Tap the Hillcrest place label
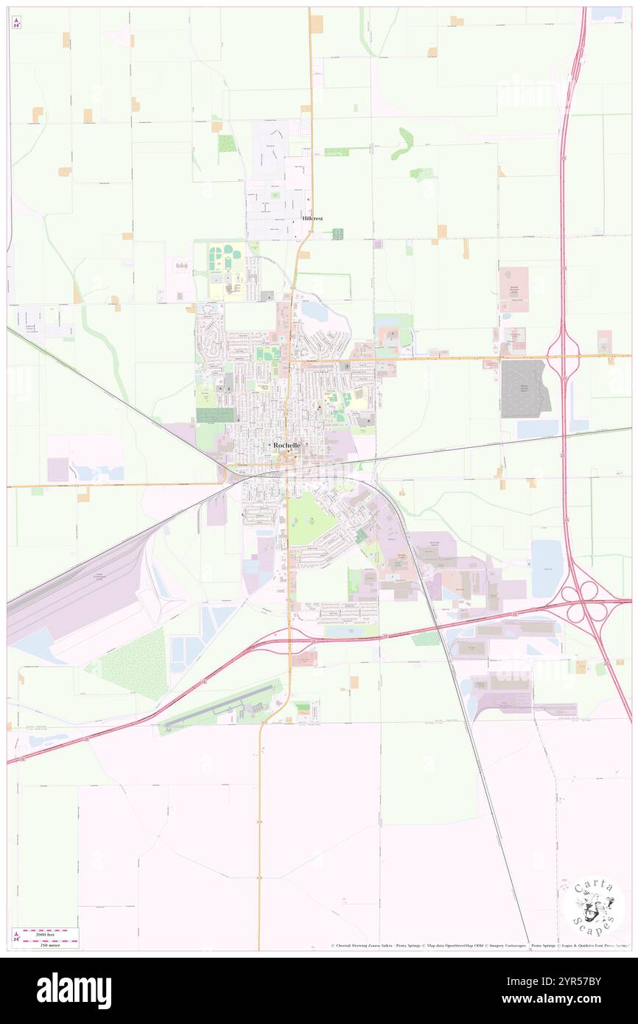(x=312, y=219)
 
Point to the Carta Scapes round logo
(x=593, y=906)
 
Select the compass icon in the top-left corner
(x=16, y=23)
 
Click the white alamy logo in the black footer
(x=74, y=991)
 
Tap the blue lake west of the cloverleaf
(x=546, y=568)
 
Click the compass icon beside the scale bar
(x=16, y=938)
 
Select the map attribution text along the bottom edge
(x=479, y=945)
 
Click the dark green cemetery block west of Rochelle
(x=214, y=415)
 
